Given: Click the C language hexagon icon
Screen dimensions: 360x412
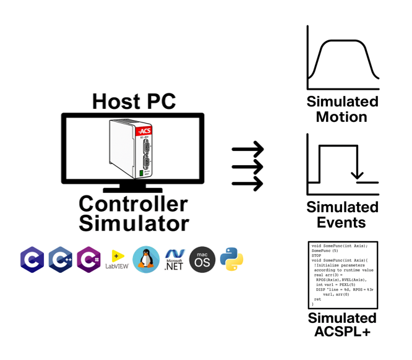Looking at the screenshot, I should click(x=32, y=260).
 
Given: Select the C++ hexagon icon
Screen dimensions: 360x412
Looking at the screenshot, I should click(x=61, y=260).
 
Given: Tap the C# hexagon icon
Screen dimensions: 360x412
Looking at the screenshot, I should click(x=88, y=260).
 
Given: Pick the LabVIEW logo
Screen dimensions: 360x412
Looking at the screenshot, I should click(x=118, y=260).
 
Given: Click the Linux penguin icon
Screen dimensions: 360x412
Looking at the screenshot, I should click(x=146, y=260).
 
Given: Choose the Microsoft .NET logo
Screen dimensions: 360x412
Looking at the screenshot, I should click(x=174, y=260).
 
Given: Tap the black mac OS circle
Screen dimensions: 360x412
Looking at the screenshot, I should click(x=202, y=260).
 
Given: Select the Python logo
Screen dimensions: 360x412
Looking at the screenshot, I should click(x=231, y=260).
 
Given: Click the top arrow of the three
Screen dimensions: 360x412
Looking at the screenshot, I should click(x=248, y=149).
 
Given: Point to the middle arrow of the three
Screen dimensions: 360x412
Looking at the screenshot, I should click(x=248, y=166).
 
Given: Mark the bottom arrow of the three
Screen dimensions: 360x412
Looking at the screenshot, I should click(x=248, y=184).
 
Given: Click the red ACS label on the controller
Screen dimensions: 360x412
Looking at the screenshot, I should click(x=144, y=131).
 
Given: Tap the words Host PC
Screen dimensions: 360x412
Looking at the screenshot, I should click(x=134, y=101).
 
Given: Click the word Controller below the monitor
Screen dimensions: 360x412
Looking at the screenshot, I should click(x=133, y=204).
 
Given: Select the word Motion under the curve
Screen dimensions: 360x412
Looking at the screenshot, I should click(x=341, y=117).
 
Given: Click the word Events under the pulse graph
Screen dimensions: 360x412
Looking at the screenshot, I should click(x=341, y=223).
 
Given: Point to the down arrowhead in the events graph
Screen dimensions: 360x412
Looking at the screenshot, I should click(x=357, y=175).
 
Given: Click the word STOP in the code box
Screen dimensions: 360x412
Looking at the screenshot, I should click(x=316, y=255).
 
